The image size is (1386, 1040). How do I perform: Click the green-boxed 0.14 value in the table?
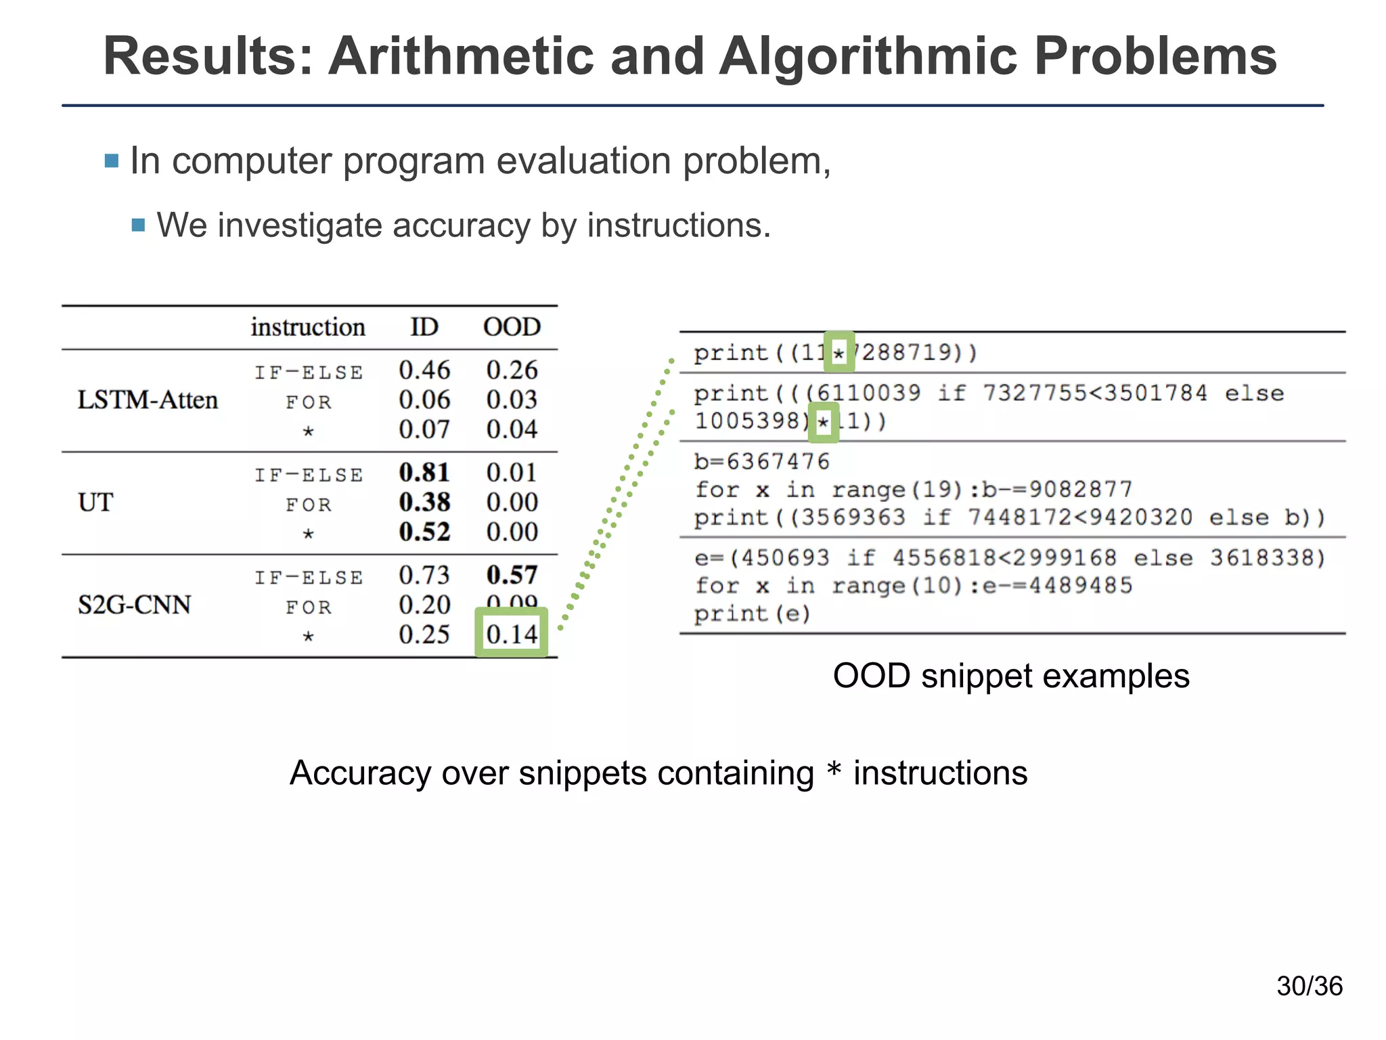(x=512, y=634)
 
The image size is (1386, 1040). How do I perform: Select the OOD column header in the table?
(x=512, y=327)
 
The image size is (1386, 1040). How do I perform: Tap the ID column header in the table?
(x=424, y=327)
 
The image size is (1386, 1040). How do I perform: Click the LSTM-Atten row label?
(x=148, y=399)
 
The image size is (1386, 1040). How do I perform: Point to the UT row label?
(x=95, y=502)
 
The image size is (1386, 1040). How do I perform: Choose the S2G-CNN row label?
(x=134, y=605)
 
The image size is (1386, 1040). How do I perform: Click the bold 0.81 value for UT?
(x=424, y=473)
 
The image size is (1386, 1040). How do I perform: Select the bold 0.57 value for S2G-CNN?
(x=512, y=575)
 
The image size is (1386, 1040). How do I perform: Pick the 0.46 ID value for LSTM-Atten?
(x=424, y=370)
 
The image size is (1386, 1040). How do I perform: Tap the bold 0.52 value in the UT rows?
(x=424, y=532)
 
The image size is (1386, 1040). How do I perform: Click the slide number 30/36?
(x=1310, y=986)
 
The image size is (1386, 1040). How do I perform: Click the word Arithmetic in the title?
(x=461, y=56)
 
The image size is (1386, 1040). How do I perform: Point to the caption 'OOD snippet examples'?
(x=1011, y=676)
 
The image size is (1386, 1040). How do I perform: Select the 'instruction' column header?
(x=308, y=327)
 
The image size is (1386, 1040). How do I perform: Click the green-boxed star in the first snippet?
(x=839, y=352)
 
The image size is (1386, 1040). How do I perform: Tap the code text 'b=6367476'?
(x=762, y=462)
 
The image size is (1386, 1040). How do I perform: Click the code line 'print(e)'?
(x=752, y=614)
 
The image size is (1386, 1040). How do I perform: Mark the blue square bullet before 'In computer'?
(x=112, y=161)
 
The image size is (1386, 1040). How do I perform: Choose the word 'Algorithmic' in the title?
(x=868, y=56)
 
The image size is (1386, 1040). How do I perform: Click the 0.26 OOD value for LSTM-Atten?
(x=512, y=370)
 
